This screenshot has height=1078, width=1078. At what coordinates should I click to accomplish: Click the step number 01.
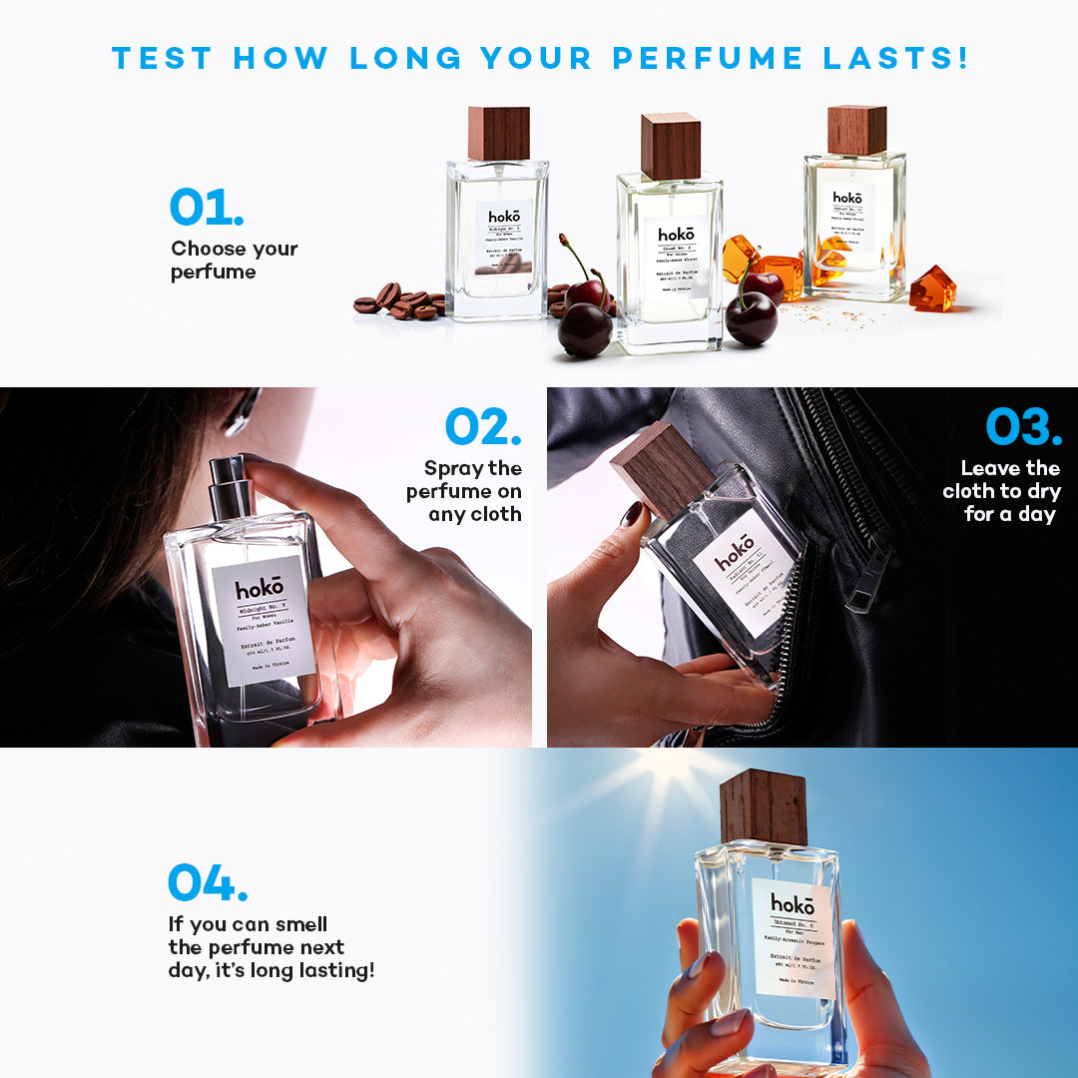click(207, 207)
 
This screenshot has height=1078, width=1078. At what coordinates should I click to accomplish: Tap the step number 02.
click(483, 426)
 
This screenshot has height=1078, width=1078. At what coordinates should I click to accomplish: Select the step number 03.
click(1024, 426)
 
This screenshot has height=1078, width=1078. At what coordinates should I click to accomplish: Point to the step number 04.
click(208, 882)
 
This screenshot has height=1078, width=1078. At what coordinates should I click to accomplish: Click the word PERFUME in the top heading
click(707, 57)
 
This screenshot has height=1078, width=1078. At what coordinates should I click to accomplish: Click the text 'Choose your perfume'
click(234, 260)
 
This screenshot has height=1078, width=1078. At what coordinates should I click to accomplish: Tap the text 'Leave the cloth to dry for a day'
click(1000, 491)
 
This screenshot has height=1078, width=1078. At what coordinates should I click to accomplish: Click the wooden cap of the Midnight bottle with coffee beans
click(498, 133)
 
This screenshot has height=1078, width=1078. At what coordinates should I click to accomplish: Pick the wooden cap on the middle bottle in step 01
click(670, 146)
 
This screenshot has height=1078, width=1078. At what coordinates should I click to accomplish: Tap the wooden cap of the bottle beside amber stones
click(856, 130)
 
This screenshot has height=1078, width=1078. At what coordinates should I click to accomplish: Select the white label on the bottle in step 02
click(264, 620)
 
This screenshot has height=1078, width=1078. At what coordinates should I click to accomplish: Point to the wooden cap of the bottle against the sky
click(764, 807)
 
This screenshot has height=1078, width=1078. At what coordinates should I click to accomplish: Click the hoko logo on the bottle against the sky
click(793, 904)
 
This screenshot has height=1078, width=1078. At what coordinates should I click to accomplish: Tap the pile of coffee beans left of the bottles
click(399, 301)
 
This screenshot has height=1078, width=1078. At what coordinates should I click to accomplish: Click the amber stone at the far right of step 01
click(931, 288)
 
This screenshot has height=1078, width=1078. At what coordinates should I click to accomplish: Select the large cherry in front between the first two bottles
click(585, 329)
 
